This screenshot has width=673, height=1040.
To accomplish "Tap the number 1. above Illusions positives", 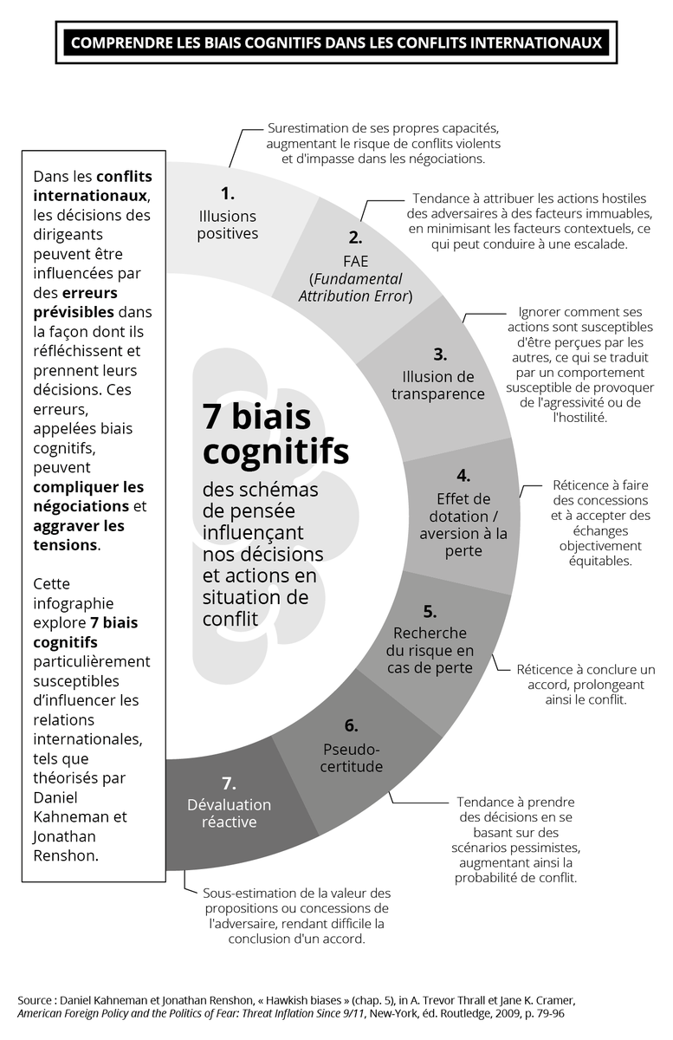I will coord(228,193).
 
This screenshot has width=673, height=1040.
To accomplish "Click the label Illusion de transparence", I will coord(438,386).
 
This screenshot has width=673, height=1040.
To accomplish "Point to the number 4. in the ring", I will coord(463,475).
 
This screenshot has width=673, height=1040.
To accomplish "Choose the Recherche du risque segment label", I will coord(430,650).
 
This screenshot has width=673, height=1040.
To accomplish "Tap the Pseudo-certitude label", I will coord(353,757).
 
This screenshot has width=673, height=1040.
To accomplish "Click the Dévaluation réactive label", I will coord(229,813).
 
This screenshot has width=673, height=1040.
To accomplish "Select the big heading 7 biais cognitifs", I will coord(275,433).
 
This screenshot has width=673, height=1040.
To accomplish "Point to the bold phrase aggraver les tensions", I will coord(78,536).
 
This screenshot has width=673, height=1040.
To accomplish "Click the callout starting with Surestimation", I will coord(383,143).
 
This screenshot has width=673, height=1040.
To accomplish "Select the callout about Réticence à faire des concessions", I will coord(600,523).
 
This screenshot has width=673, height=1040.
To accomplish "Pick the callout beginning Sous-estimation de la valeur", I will coord(297,915).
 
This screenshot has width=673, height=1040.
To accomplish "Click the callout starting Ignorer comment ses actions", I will coord(579,364).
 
